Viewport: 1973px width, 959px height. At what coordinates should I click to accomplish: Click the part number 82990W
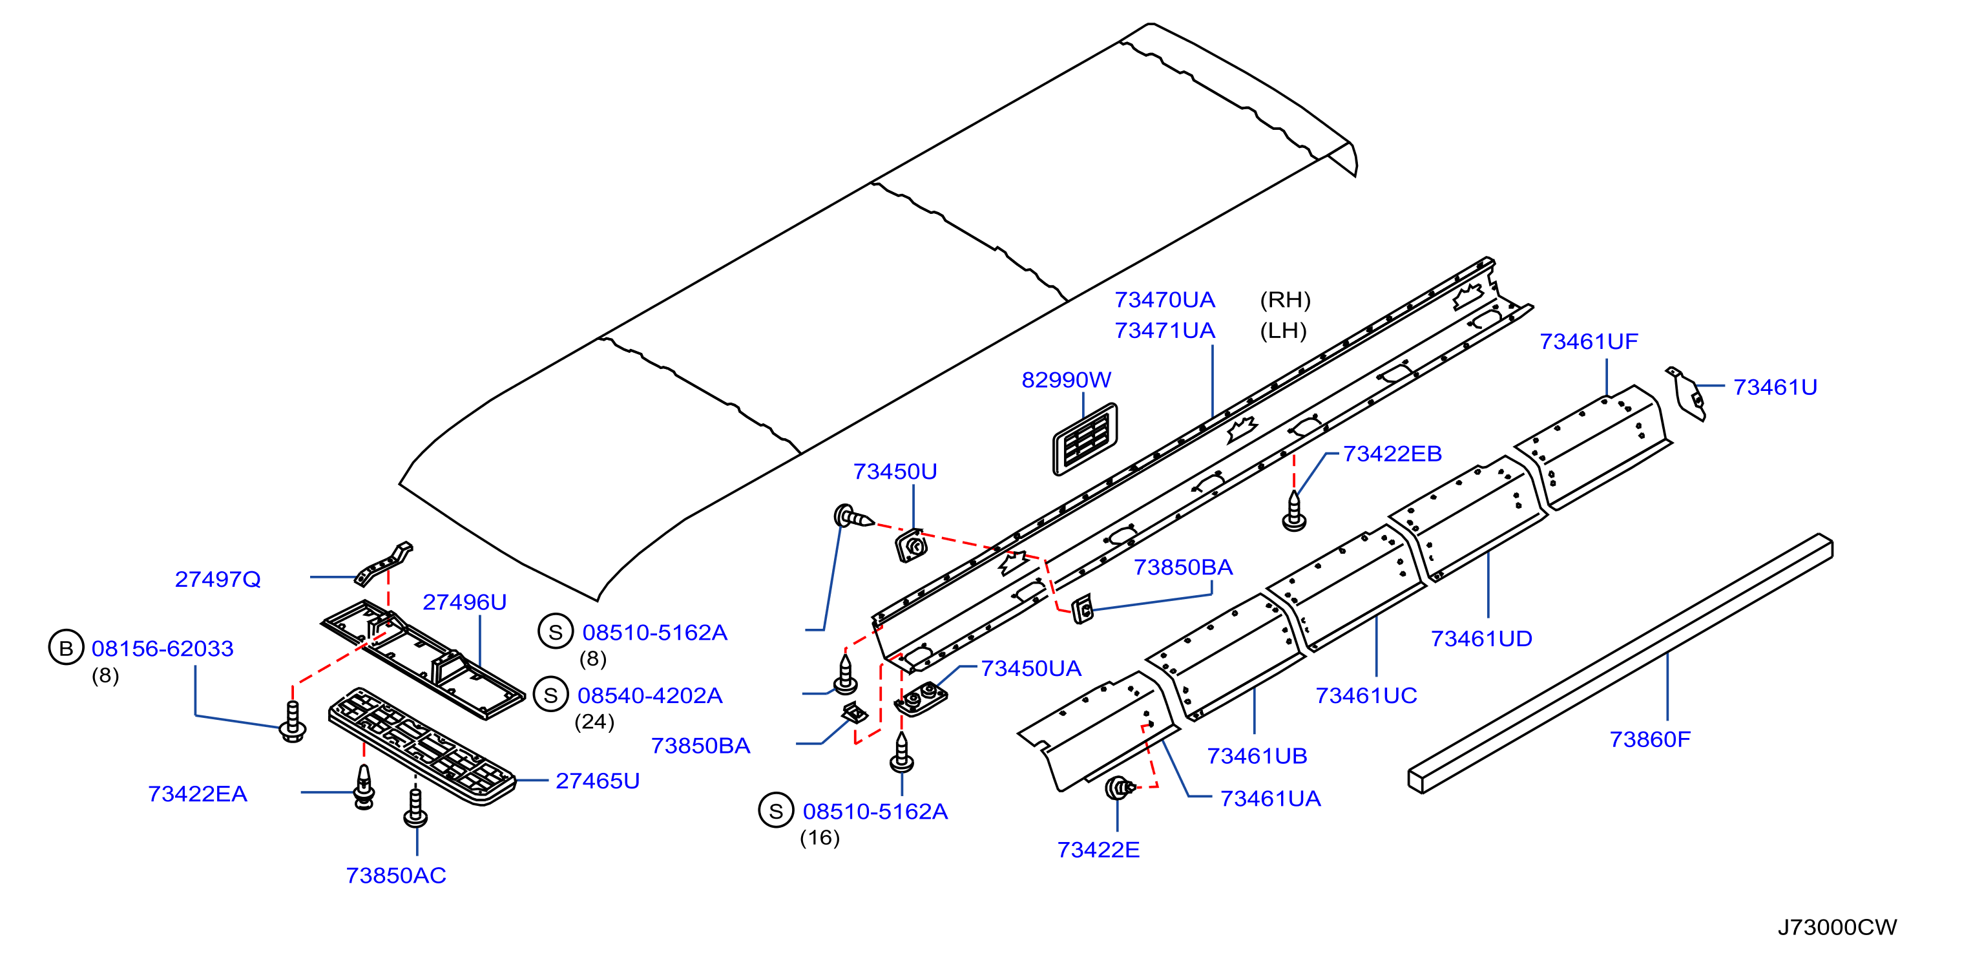(1066, 380)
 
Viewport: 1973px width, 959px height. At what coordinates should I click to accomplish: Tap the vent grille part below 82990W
(1085, 439)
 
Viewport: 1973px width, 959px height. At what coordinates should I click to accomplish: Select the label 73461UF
(1589, 342)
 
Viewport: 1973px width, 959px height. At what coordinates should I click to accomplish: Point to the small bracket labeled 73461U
(1687, 393)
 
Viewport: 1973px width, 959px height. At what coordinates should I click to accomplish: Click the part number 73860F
(1650, 739)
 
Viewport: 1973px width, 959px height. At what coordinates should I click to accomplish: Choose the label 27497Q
(218, 579)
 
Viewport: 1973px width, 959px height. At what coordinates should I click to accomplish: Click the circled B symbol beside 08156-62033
(66, 648)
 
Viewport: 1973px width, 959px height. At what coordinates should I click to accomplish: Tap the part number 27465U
(598, 781)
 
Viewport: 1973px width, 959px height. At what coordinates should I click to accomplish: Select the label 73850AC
(396, 876)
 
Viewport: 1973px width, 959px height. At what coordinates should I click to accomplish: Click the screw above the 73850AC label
(416, 807)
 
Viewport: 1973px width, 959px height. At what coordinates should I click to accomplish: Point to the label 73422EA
(198, 794)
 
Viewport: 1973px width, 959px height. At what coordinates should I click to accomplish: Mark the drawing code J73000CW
(1837, 927)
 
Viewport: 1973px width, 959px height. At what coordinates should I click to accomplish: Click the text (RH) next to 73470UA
(1285, 299)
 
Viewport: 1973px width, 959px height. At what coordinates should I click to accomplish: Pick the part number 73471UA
(1165, 331)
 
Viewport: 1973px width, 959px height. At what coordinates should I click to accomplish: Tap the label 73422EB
(1392, 454)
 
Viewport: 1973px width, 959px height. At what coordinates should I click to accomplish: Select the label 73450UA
(1031, 669)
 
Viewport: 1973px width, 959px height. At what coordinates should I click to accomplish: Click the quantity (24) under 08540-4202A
(594, 722)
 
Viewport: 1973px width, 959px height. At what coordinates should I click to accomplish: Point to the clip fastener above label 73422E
(1120, 786)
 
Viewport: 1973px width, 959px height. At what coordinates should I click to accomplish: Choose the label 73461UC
(1366, 695)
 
